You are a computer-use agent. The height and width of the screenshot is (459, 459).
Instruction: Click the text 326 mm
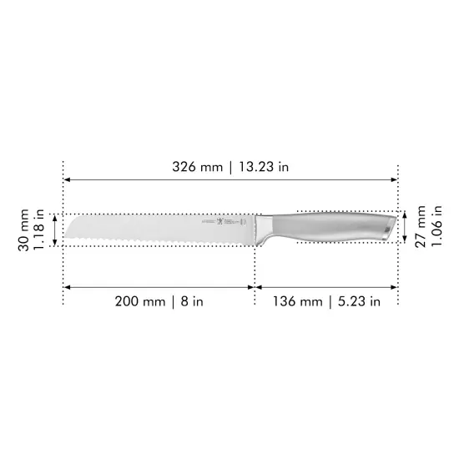click(199, 166)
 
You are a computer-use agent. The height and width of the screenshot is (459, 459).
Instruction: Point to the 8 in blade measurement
click(192, 301)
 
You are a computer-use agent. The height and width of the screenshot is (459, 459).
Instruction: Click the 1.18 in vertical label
click(39, 229)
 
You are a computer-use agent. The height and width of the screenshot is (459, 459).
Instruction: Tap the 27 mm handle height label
click(421, 226)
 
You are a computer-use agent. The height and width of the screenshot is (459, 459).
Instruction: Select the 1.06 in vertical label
click(436, 226)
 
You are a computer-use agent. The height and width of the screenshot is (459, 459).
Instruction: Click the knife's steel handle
click(342, 226)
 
